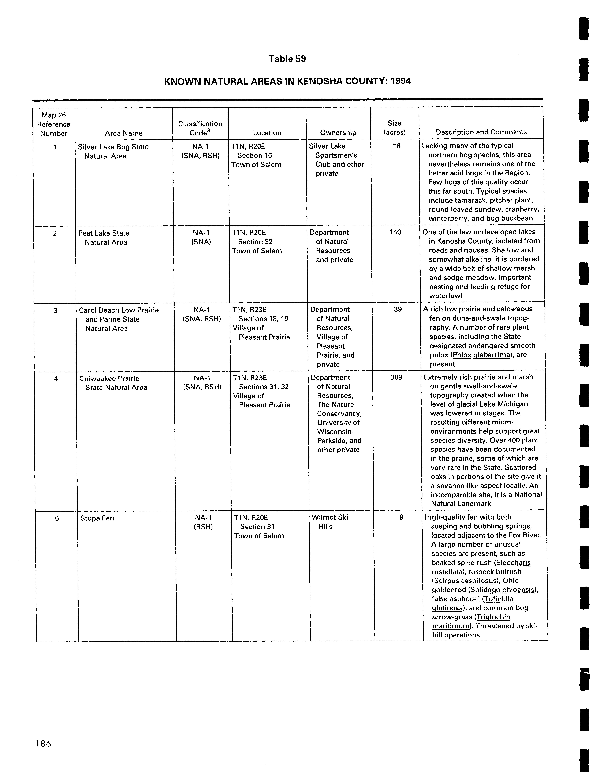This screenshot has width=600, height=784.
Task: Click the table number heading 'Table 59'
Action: point(287,59)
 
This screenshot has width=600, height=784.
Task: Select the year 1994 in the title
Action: point(401,81)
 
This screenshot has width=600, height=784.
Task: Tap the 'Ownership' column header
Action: point(338,133)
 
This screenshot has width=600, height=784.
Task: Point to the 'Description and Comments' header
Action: point(481,132)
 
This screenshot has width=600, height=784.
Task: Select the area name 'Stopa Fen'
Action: point(97,518)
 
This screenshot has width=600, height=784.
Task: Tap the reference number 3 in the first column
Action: point(55,310)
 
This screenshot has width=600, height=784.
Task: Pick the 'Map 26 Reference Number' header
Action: point(54,124)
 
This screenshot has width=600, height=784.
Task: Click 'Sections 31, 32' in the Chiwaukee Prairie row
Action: point(264,387)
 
